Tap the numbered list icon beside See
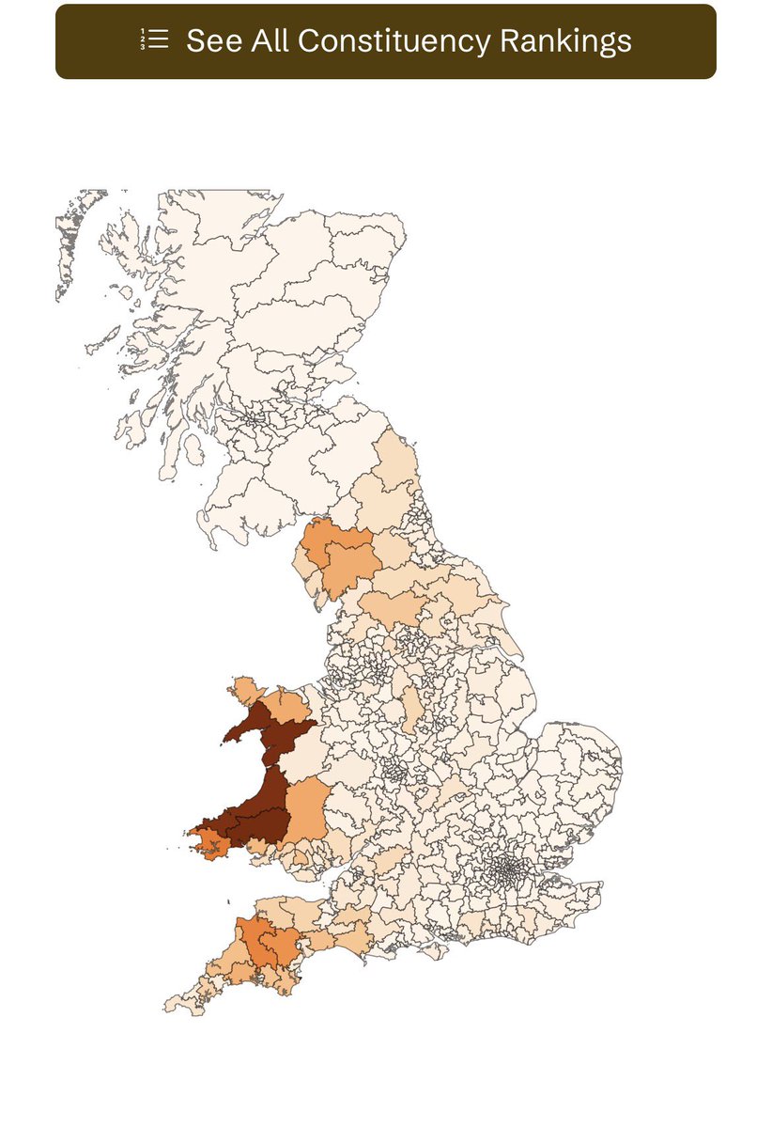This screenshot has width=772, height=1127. click(154, 39)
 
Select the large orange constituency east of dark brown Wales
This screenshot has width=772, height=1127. click(305, 810)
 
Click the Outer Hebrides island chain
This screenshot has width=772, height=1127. click(70, 244)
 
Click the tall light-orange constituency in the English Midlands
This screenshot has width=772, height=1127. click(410, 710)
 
